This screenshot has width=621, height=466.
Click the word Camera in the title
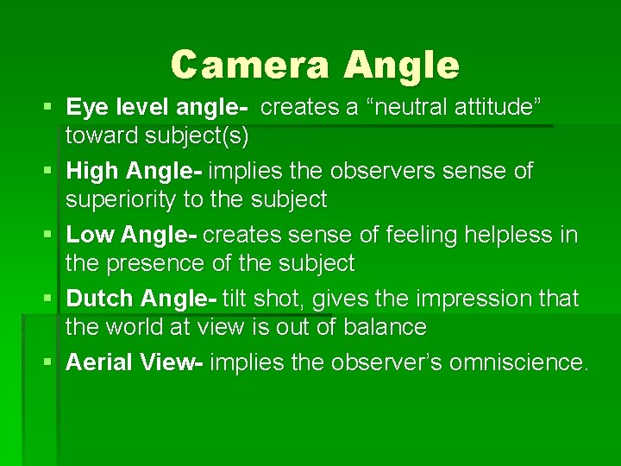pos(249,65)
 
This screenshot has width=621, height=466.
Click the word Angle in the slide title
pos(401,65)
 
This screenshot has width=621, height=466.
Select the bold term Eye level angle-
pos(158,107)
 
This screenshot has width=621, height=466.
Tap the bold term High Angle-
pos(135,171)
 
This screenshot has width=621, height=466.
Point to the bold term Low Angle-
pos(132,235)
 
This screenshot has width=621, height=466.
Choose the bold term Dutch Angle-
pos(141,299)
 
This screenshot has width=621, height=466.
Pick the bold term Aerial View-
pos(135,362)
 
